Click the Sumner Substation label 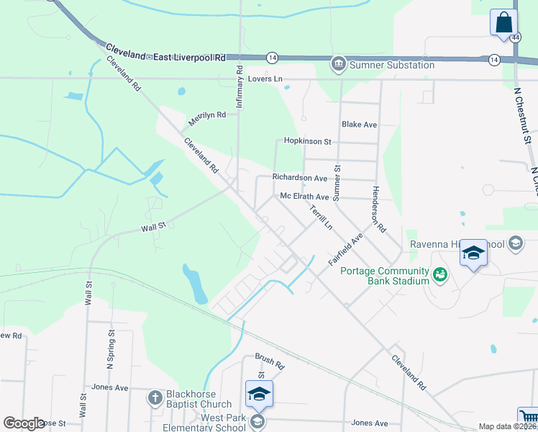pos(392,65)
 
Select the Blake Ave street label pos(360,125)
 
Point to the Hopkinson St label pos(307,142)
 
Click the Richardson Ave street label pos(300,177)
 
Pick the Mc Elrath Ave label pos(304,197)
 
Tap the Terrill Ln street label pos(321,217)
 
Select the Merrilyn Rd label pos(207,115)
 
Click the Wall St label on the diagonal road pos(153,226)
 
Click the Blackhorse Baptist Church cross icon pos(155,397)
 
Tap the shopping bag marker pos(503,21)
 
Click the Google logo pos(23,423)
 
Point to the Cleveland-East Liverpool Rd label pos(165,52)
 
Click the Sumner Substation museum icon pos(337,65)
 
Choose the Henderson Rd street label pos(379,208)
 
